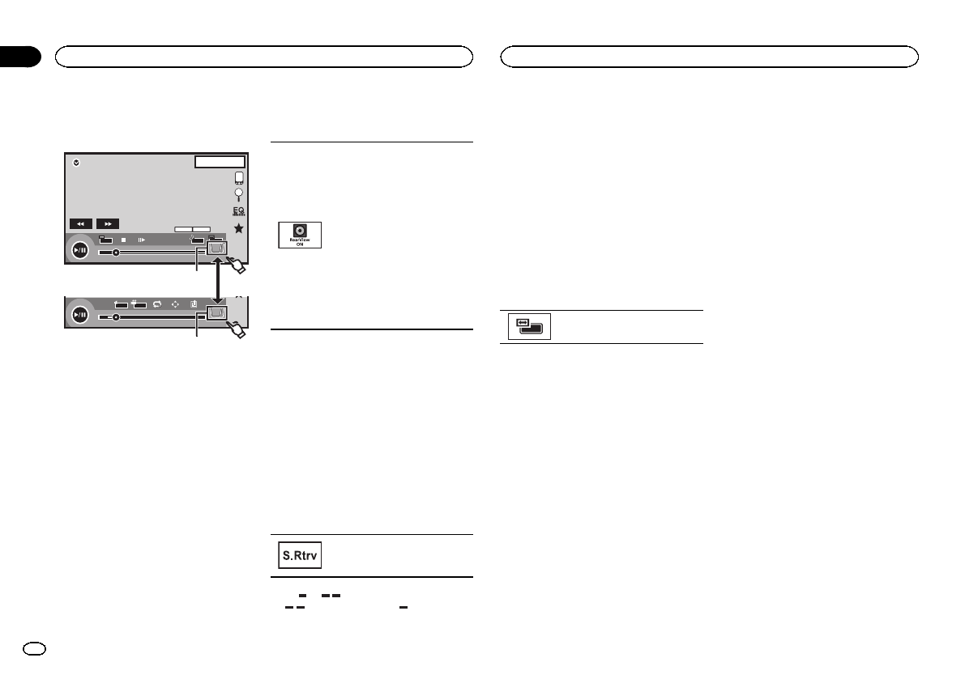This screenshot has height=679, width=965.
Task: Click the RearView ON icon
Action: click(x=300, y=235)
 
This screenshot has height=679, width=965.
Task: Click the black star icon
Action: click(x=238, y=229)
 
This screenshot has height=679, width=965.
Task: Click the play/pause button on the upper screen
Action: click(x=79, y=251)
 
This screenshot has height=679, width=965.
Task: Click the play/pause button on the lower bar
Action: click(x=79, y=315)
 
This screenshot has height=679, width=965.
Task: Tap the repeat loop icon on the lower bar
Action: click(x=156, y=304)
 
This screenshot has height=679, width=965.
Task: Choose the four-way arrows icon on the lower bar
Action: click(x=175, y=304)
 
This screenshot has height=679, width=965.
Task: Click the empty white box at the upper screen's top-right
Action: click(x=220, y=162)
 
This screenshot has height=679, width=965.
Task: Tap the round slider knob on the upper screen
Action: click(x=116, y=253)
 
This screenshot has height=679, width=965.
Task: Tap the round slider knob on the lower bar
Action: click(x=116, y=317)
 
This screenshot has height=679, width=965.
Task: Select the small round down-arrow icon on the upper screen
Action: click(x=76, y=162)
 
